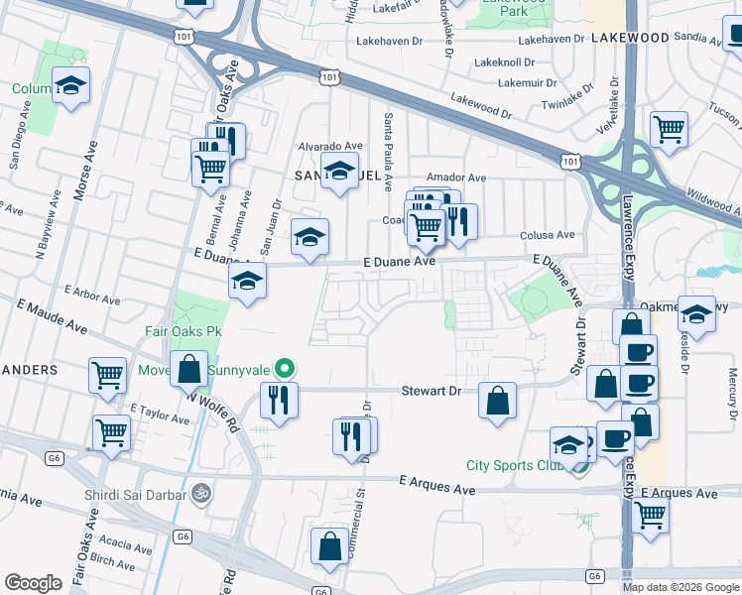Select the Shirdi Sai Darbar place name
(137, 492)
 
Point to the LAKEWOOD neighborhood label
(630, 37)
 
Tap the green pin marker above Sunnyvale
(285, 370)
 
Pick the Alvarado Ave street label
(331, 146)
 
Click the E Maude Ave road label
(51, 319)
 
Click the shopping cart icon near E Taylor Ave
(111, 432)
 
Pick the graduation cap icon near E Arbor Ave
(247, 281)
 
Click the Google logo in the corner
(33, 583)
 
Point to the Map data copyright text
(680, 587)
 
